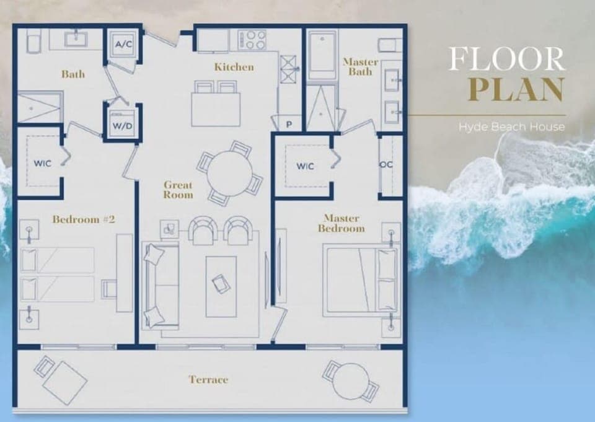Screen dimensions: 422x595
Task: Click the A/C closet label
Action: pos(121,44)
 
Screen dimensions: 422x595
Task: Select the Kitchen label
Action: pos(234,67)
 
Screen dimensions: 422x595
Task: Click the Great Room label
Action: pos(178,190)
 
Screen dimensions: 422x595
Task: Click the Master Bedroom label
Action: pos(342,223)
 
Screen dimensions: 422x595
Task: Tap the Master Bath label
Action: pos(360,67)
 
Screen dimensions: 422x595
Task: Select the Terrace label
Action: pos(208,379)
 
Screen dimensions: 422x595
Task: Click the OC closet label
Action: pos(386,165)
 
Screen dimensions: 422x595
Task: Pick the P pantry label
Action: pos(289,125)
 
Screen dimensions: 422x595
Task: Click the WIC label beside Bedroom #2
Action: pos(42,163)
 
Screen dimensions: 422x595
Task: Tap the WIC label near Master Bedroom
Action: pos(305,166)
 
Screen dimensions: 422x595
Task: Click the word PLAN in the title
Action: pos(516,89)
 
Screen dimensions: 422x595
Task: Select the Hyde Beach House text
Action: pos(512,127)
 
